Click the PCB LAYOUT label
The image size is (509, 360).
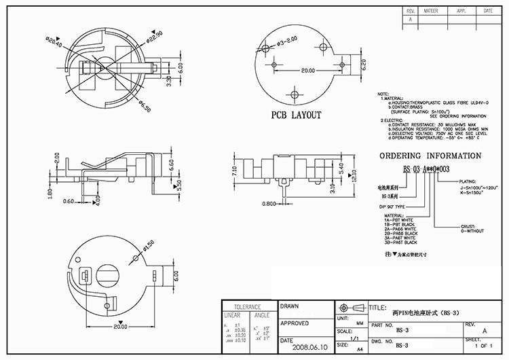[296, 115]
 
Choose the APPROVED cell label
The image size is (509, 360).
[295, 323]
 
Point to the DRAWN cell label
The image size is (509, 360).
[290, 307]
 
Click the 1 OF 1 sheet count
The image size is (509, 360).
[485, 346]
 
